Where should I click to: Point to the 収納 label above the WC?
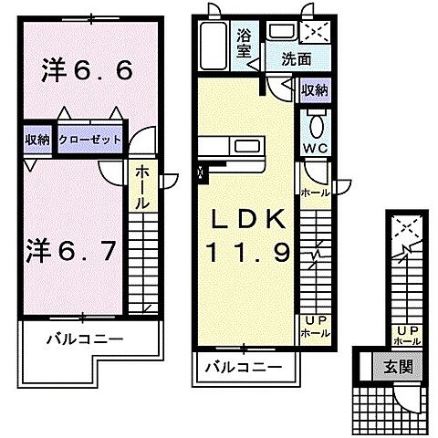pos(315,89)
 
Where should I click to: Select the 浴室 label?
pos(245,43)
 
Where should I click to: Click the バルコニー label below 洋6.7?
pos(84,339)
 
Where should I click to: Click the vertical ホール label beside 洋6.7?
pos(144,187)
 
